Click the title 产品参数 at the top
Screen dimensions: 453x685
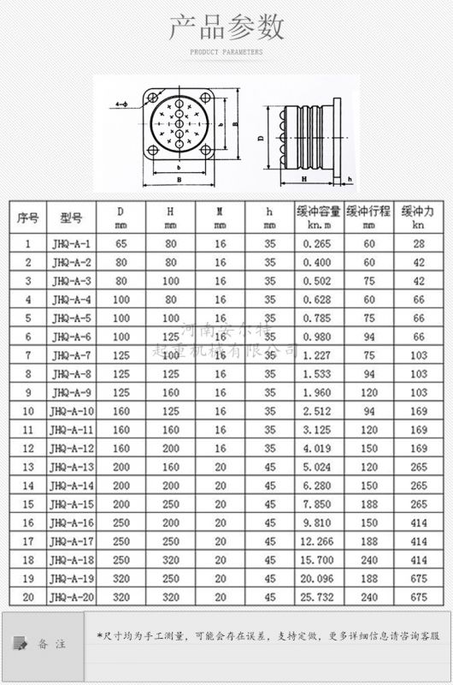point(226,28)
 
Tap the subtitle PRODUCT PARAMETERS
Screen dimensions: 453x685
point(226,52)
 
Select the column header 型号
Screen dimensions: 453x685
point(72,217)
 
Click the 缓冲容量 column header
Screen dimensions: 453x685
point(319,217)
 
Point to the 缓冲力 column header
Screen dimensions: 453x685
point(418,217)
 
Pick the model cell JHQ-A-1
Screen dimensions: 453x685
point(72,243)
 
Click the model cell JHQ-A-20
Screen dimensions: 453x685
point(72,598)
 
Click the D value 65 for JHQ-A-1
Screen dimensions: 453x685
point(120,243)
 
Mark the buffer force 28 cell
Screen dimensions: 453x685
point(418,243)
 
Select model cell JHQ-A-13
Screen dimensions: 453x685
point(72,467)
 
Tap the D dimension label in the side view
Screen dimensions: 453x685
point(260,137)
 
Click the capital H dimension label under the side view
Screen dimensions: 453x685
point(304,180)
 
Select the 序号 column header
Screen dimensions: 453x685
point(27,217)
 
